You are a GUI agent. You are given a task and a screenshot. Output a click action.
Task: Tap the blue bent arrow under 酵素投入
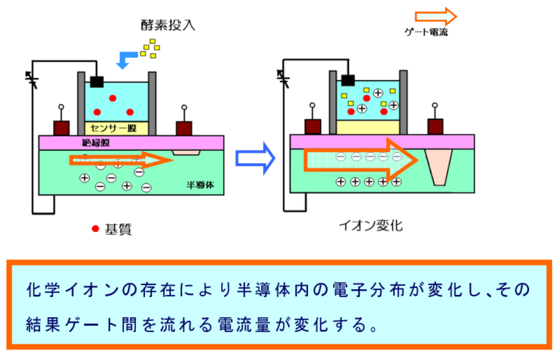click(x=127, y=57)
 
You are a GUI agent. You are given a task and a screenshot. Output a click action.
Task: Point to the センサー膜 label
click(x=116, y=128)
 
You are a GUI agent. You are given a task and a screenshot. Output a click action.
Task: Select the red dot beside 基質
click(x=95, y=228)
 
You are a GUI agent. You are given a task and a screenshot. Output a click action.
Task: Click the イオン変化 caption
click(x=371, y=226)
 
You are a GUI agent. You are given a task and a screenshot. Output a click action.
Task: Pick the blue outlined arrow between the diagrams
click(x=255, y=158)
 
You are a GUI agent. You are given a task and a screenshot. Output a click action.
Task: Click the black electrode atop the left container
click(x=97, y=82)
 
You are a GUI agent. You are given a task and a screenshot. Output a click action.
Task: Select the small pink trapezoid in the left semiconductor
click(x=186, y=152)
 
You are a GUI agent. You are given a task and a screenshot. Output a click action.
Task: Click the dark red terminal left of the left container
click(x=62, y=128)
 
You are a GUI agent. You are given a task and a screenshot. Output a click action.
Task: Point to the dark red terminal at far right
click(x=435, y=127)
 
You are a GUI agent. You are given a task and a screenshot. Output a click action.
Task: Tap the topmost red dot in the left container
click(x=112, y=99)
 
